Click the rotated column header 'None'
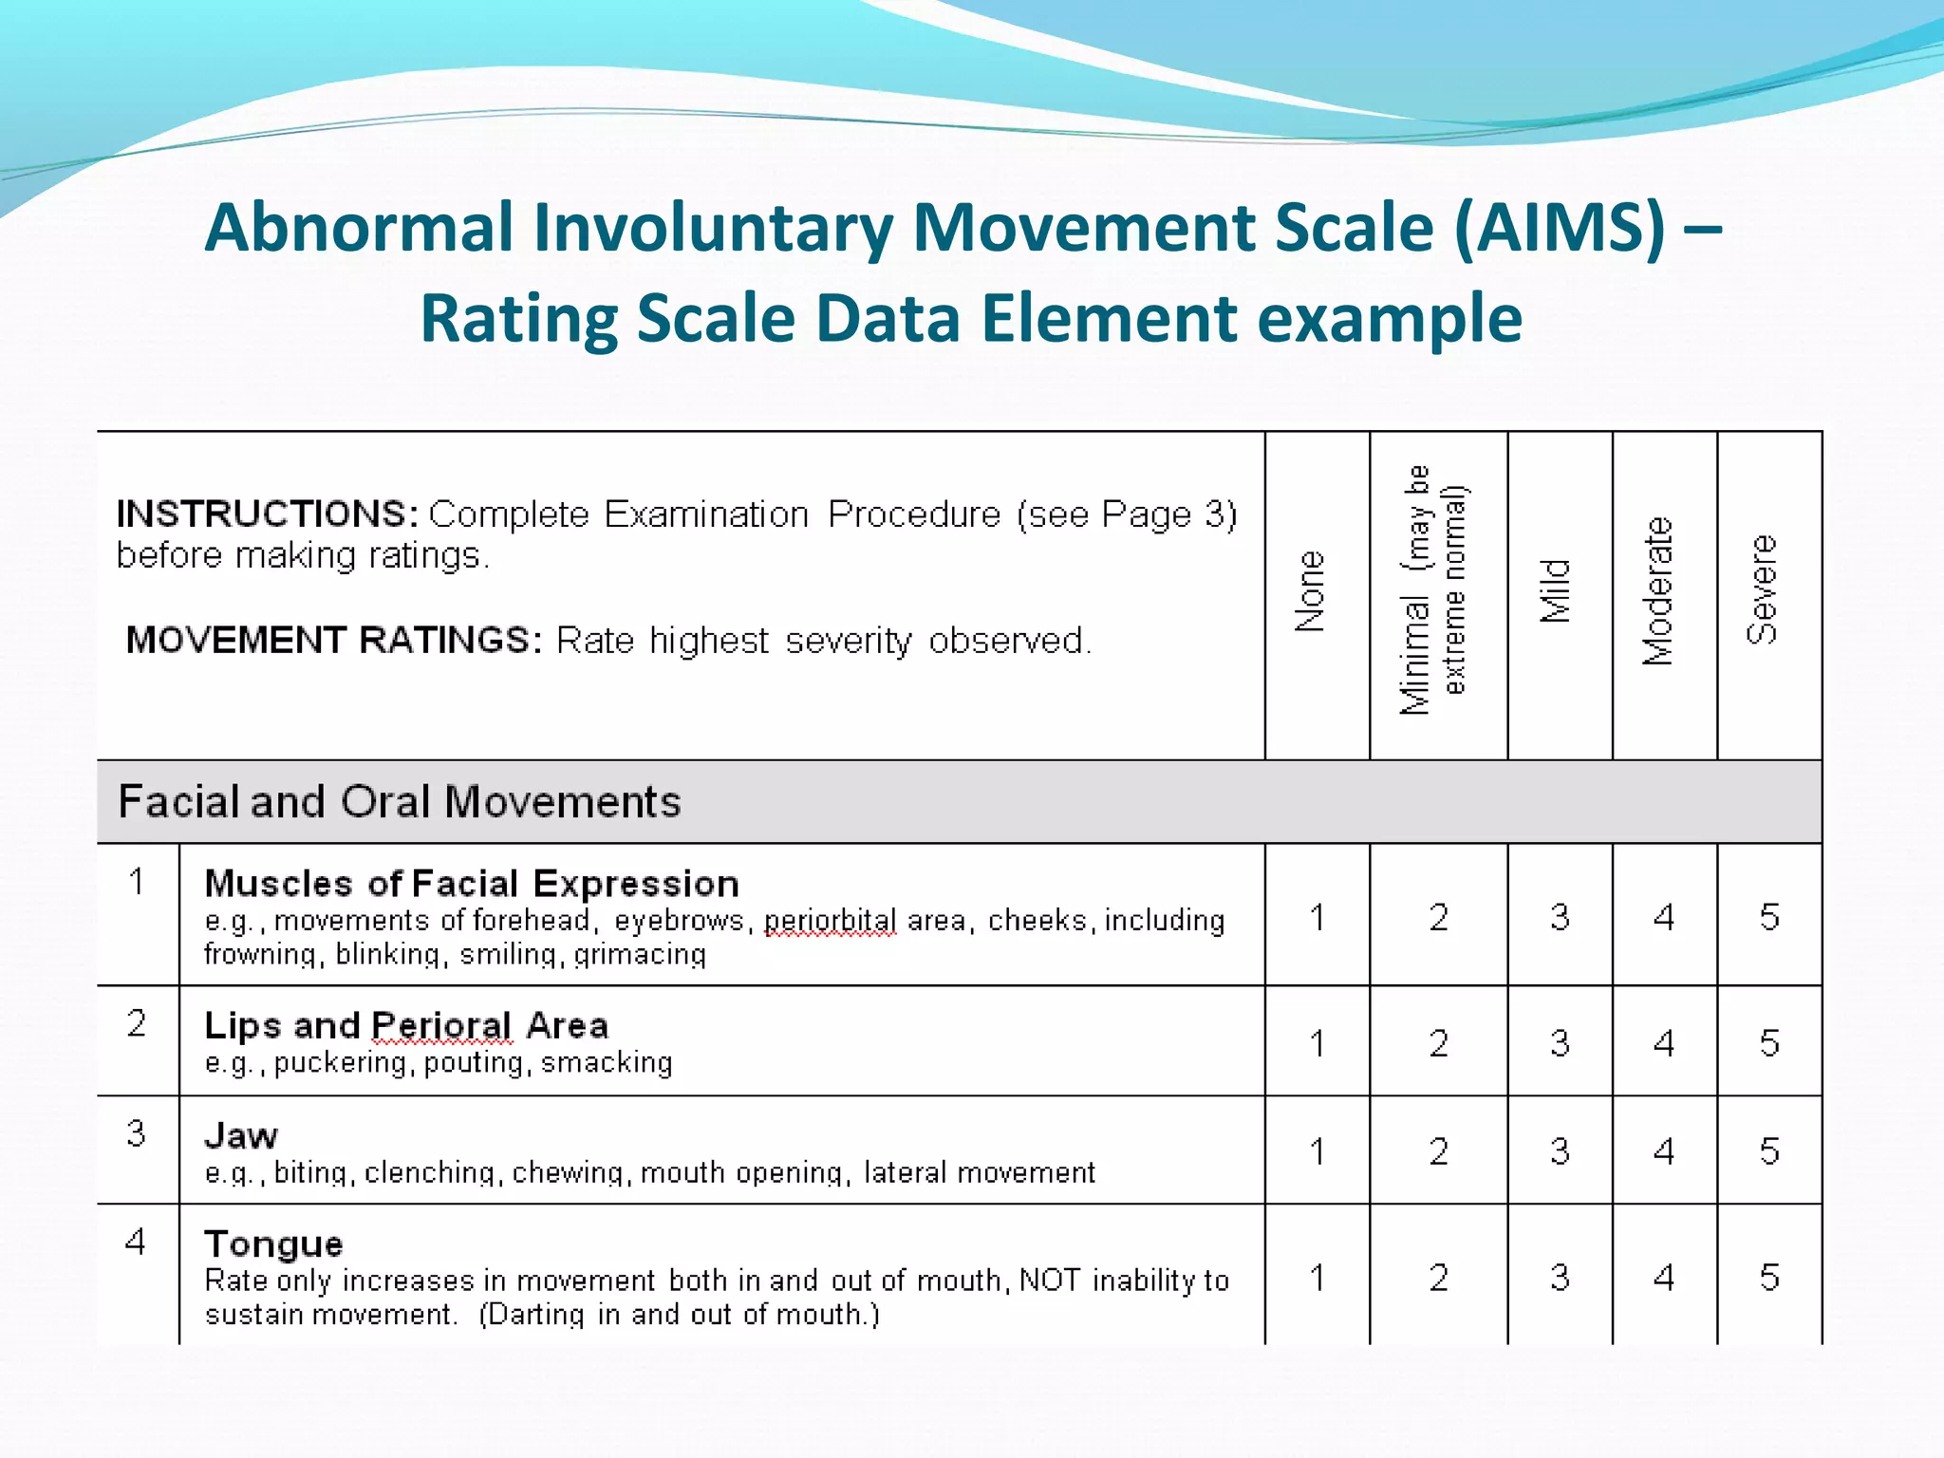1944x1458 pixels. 1311,591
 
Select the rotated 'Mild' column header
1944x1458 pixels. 1556,590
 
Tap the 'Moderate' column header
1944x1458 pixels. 1657,590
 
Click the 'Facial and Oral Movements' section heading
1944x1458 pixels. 399,802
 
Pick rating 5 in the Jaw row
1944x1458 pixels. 1769,1151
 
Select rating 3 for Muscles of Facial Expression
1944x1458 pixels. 1560,917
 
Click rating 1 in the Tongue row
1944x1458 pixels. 1318,1278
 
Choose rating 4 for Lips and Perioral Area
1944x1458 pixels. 1664,1043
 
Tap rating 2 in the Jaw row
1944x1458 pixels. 1439,1151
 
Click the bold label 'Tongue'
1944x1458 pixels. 273,1243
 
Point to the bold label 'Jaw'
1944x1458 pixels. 241,1135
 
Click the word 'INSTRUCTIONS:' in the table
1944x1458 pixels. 267,514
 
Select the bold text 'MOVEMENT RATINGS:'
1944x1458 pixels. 334,640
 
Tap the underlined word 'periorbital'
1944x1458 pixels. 831,921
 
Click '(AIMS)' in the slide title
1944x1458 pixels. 1560,228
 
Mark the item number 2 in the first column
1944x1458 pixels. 137,1023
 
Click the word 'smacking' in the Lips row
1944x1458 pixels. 607,1062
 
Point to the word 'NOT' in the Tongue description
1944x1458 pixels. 1050,1280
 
